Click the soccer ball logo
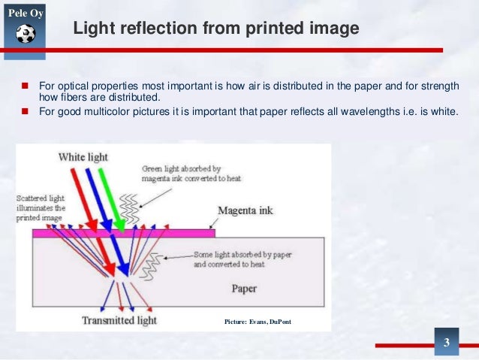point(25,34)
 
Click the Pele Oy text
point(24,13)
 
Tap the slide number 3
point(447,344)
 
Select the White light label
point(83,157)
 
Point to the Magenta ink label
point(243,210)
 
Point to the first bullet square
point(24,85)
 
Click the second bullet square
point(24,112)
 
